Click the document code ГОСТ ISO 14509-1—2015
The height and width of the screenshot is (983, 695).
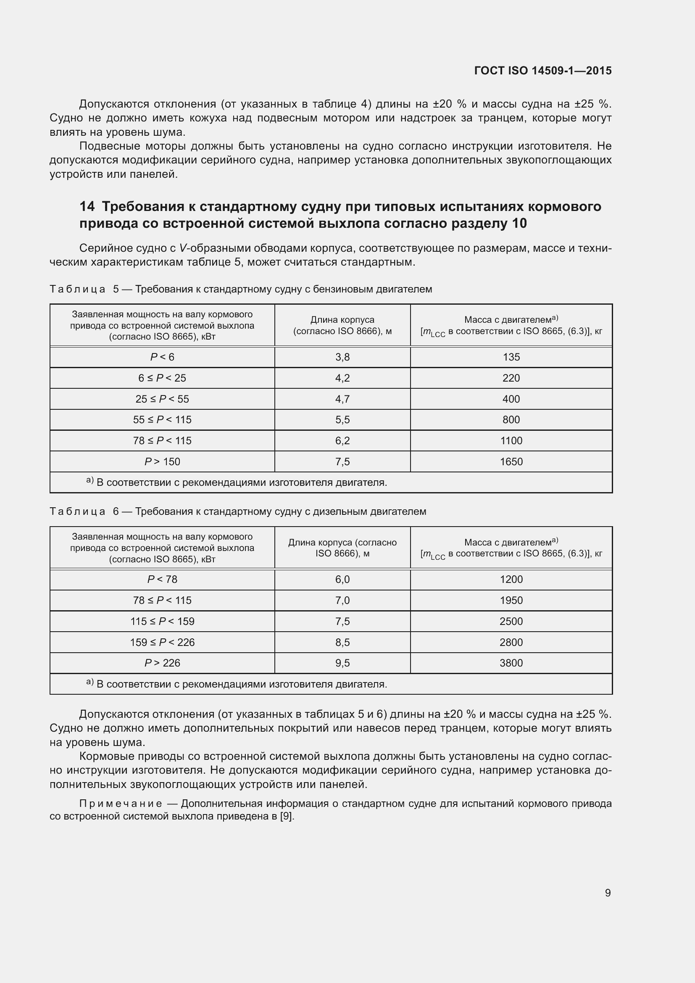(x=542, y=71)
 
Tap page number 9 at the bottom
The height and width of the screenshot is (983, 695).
(x=608, y=893)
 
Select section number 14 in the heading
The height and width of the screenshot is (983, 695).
(x=87, y=206)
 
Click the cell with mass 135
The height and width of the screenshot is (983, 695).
(x=511, y=357)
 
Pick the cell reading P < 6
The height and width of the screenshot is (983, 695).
(x=162, y=357)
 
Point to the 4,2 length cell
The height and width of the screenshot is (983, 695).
(x=342, y=378)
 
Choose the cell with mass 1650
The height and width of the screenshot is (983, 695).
(x=511, y=461)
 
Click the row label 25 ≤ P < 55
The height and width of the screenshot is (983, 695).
(x=162, y=399)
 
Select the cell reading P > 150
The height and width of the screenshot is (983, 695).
(x=162, y=461)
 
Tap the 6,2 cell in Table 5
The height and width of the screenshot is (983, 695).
(x=342, y=440)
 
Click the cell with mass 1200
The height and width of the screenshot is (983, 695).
(x=511, y=579)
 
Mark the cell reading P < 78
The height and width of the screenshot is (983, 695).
(x=162, y=579)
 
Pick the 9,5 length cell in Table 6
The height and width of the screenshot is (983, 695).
(x=342, y=663)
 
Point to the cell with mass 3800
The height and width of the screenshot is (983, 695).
(x=511, y=663)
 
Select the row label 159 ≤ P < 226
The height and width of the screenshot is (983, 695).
(x=162, y=642)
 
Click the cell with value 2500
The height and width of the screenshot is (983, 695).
(x=511, y=621)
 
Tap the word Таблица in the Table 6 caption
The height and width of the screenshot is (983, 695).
(x=77, y=511)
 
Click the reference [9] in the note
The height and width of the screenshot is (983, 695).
(x=287, y=816)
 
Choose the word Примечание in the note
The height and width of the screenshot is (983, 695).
(x=121, y=803)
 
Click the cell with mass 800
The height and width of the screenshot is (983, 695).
(x=511, y=419)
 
